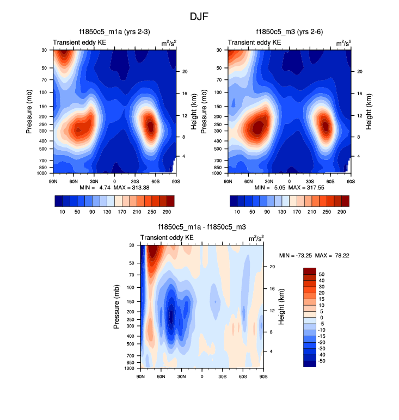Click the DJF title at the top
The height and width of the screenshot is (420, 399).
[x=199, y=17]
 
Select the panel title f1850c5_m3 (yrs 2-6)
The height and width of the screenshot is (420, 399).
[x=289, y=32]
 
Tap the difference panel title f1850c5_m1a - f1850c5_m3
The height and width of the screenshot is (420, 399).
[x=201, y=227]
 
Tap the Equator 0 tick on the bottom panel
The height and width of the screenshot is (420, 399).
[x=202, y=376]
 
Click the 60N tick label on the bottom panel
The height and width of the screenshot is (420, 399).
[x=161, y=376]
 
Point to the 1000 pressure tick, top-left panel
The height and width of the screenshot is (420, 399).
[x=42, y=173]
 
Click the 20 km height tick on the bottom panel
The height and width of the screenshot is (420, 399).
[x=272, y=267]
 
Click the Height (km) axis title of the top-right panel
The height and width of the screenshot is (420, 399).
[x=369, y=112]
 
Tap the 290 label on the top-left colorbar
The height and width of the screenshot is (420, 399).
[x=166, y=211]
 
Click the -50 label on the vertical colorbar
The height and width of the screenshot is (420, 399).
[x=322, y=361]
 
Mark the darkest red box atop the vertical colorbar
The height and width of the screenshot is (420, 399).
[x=309, y=271]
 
